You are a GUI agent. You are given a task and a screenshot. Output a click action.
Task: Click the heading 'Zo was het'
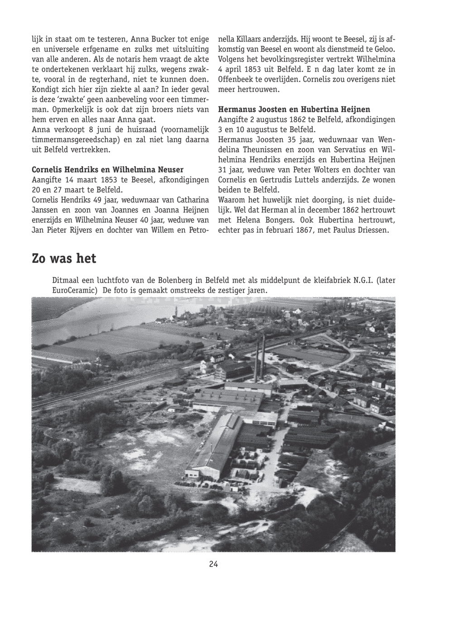[64, 259]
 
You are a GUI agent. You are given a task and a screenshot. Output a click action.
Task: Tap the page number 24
[213, 564]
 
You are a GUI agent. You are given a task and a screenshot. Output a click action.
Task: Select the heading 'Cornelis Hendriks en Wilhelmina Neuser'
[107, 170]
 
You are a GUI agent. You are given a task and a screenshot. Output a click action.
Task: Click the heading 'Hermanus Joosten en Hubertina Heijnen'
[294, 110]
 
